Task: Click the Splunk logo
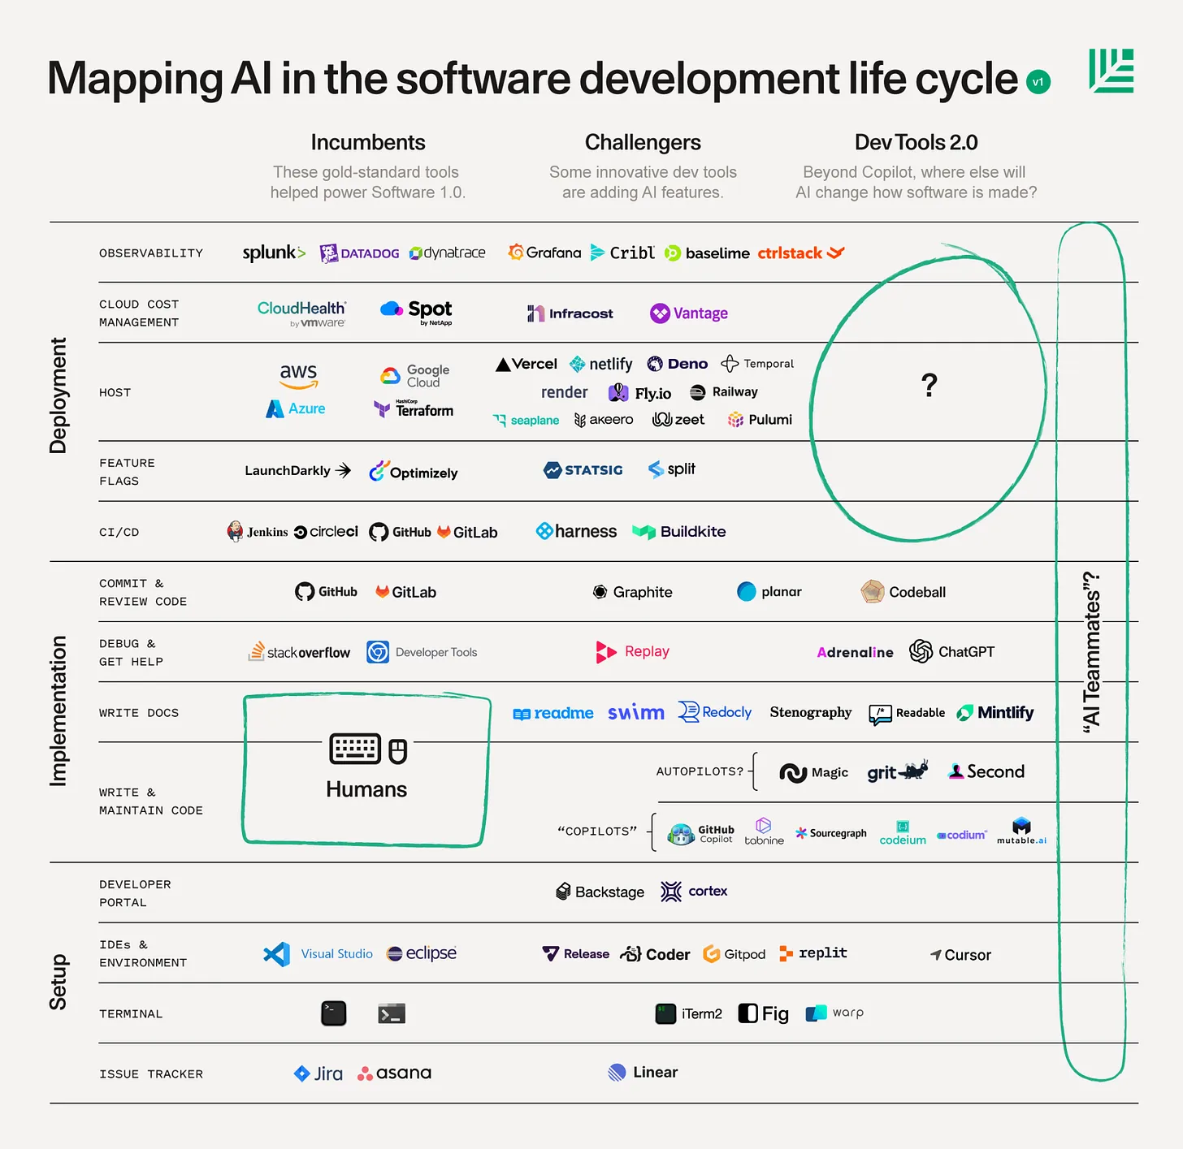274,253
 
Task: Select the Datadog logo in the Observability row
359,253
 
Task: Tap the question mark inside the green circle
929,384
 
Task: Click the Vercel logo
526,365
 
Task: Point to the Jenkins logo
257,532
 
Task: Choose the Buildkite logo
679,532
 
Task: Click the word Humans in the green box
366,789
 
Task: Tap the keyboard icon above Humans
355,749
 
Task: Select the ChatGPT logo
951,651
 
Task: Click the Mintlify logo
995,713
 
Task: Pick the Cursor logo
960,955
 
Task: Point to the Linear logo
643,1073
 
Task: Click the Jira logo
318,1073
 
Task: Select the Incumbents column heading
368,143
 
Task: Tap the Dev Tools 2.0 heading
916,143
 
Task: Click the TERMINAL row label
131,1014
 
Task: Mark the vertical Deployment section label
58,395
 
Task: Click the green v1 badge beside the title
1038,82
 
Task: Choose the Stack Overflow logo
299,652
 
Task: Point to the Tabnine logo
764,832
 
